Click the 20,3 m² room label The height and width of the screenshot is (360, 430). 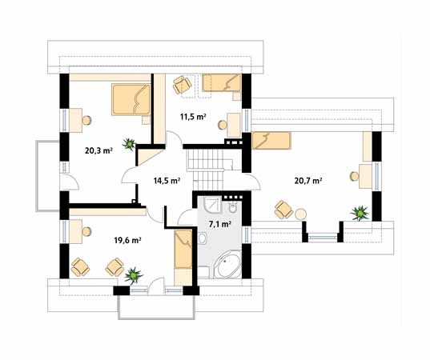tap(98, 150)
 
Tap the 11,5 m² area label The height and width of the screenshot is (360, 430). tap(193, 117)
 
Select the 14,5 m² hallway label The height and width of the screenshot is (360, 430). tap(167, 181)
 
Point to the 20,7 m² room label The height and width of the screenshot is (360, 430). tap(308, 181)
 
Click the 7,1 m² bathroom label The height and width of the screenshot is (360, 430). tap(219, 224)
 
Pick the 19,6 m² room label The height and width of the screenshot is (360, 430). tap(127, 241)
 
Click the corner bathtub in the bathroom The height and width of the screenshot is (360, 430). tap(227, 264)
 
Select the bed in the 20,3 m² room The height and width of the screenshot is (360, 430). tap(131, 99)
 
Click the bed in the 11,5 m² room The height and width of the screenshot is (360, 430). tap(222, 82)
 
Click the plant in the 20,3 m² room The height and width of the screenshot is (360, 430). tap(129, 143)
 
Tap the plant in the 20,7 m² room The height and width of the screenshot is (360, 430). tap(360, 213)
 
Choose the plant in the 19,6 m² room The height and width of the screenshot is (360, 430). tap(133, 275)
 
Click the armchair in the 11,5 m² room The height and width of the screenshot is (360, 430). tap(182, 85)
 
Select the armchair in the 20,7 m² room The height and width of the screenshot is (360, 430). tap(283, 210)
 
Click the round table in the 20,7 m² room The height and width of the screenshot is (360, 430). tap(301, 214)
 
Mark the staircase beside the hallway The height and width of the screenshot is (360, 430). tap(210, 170)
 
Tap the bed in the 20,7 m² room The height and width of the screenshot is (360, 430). tap(271, 141)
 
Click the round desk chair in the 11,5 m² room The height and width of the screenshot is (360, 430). tap(223, 125)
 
